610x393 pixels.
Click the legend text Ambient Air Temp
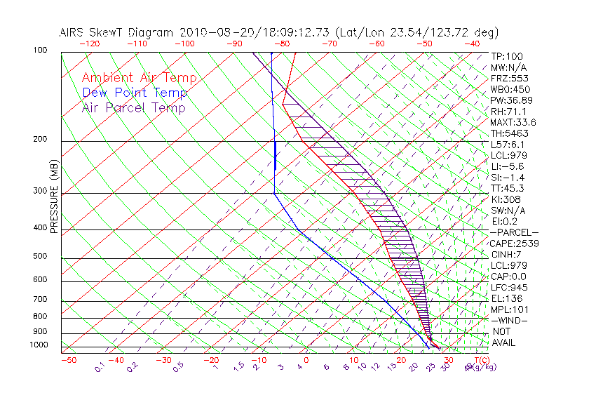click(139, 78)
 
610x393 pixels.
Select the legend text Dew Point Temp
click(135, 93)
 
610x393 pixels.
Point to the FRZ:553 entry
click(510, 79)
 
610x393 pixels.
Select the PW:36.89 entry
click(512, 100)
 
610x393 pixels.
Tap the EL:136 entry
click(507, 298)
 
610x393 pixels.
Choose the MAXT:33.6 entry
click(514, 122)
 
